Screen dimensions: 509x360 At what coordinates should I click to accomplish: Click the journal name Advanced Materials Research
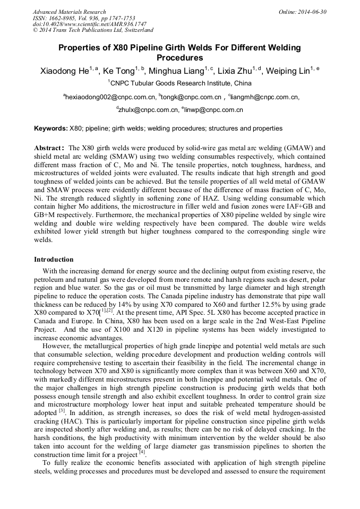(69, 12)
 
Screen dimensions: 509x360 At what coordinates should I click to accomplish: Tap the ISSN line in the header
(83, 18)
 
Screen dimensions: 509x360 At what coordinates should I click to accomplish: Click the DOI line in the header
(90, 24)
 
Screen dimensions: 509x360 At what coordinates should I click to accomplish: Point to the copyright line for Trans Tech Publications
(93, 30)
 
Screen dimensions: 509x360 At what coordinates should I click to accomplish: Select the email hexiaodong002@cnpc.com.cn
(110, 97)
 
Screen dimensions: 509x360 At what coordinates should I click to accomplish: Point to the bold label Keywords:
(50, 128)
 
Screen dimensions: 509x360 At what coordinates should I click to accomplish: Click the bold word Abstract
(50, 148)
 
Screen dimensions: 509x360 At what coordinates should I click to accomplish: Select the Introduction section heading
(54, 260)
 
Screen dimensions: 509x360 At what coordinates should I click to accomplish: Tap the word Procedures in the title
(179, 57)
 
